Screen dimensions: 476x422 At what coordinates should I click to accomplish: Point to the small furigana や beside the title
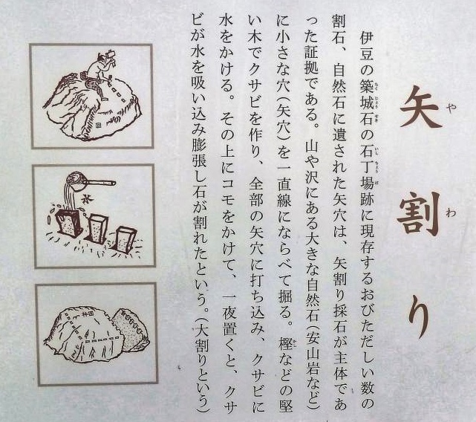click(x=451, y=108)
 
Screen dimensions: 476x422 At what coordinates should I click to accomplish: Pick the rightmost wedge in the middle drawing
click(x=124, y=238)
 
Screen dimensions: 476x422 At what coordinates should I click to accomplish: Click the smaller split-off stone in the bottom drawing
click(x=130, y=331)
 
